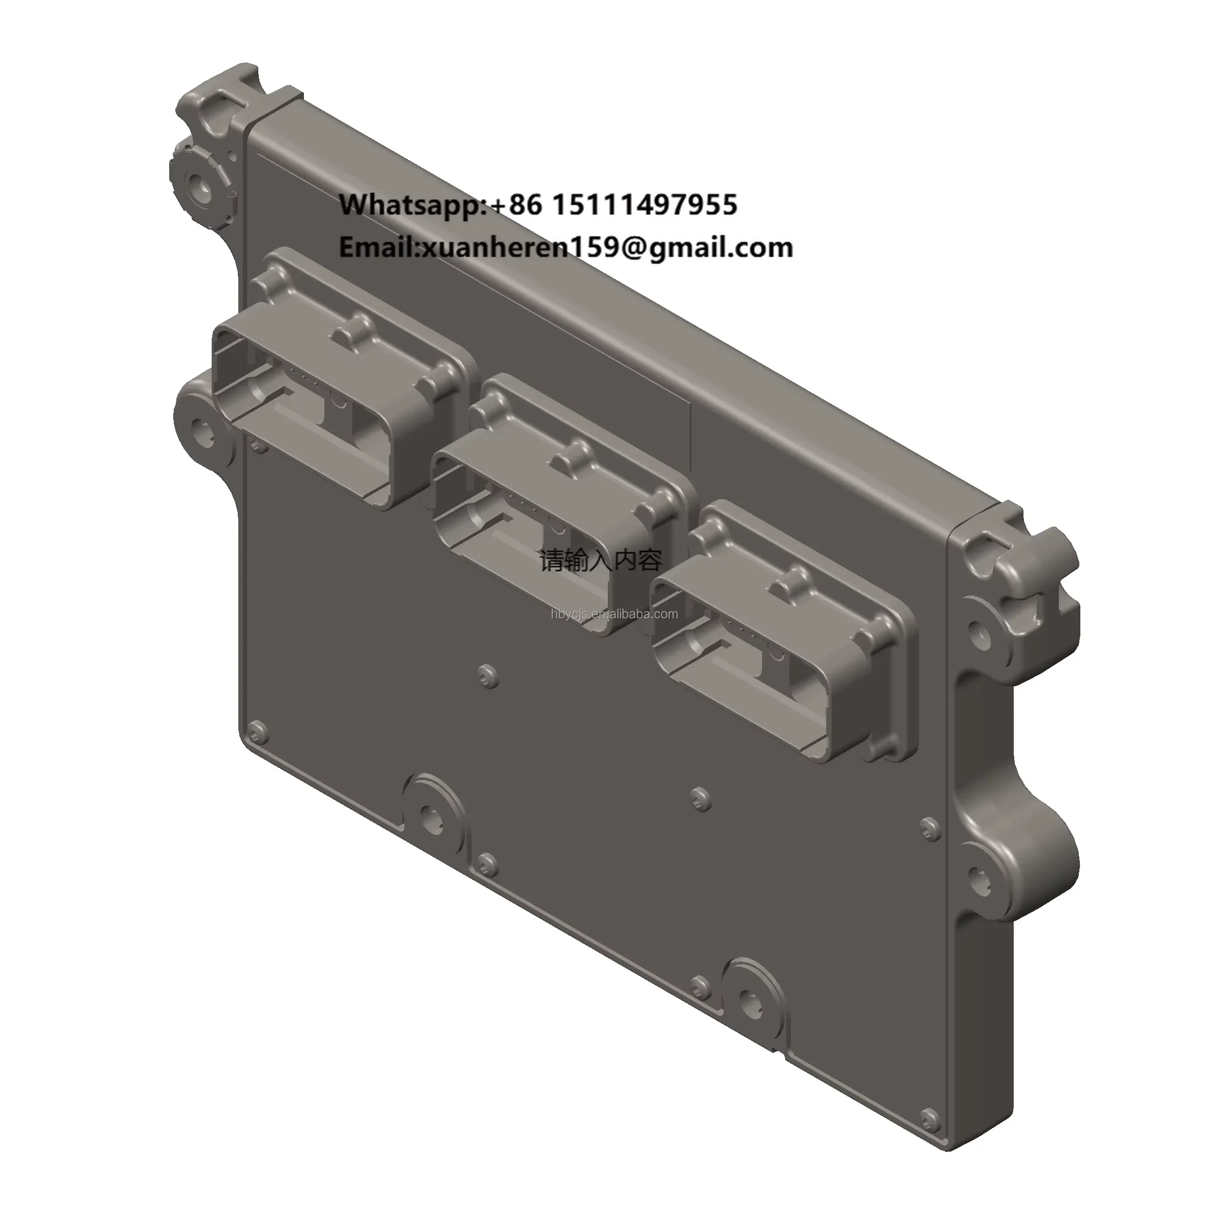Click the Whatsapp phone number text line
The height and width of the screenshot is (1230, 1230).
[x=538, y=205]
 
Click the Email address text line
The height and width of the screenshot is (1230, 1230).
[x=565, y=248]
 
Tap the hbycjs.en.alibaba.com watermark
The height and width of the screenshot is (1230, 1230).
[x=614, y=614]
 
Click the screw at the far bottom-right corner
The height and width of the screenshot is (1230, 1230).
[x=930, y=1133]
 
